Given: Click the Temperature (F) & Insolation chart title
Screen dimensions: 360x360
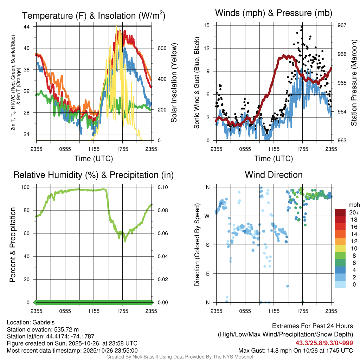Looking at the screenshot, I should point(94,16).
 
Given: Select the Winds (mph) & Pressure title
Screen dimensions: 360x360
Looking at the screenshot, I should point(274,13).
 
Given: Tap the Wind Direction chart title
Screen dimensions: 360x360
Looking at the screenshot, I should point(274,175).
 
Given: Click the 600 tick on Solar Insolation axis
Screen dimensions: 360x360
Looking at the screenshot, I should point(161,48).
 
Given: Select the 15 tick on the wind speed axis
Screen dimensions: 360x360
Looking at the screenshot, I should point(207,25).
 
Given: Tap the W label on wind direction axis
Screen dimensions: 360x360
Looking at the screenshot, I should point(207,216).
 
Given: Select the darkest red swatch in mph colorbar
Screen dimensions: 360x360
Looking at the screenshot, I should point(340,212).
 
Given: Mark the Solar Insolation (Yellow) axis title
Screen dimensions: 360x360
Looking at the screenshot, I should point(174,83).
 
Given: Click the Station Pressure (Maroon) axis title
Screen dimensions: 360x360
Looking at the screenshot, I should point(354,83).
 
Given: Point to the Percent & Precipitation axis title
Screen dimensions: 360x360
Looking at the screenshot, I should point(13,245).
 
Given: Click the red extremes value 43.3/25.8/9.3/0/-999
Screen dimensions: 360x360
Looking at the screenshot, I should point(324,343).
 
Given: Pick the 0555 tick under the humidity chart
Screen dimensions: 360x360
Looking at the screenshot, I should point(65,311).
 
